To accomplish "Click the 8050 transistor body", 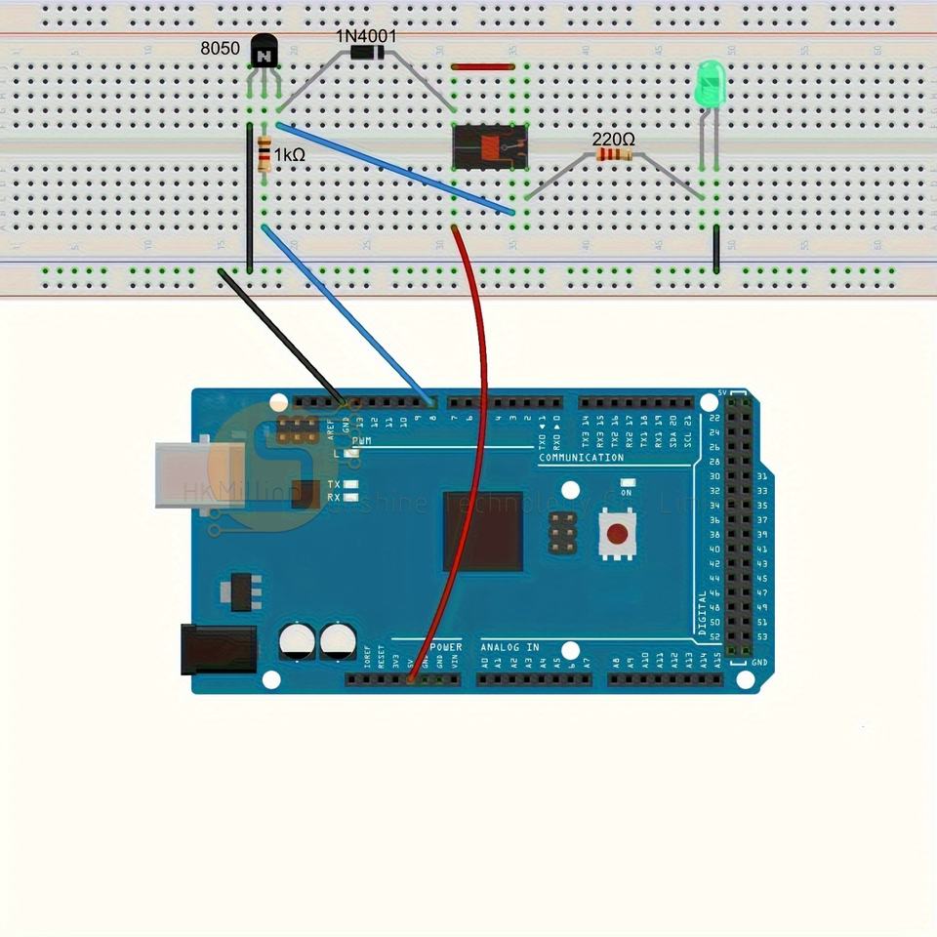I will click(x=263, y=51).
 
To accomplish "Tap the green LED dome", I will click(x=710, y=84).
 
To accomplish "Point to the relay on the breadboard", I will click(x=490, y=145).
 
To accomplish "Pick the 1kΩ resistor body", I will click(x=264, y=155).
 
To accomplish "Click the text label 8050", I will click(x=220, y=48).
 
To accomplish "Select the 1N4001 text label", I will click(x=366, y=36).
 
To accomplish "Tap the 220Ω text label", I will click(x=613, y=141).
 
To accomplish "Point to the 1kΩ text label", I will click(x=290, y=155).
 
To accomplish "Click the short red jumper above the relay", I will click(x=483, y=67).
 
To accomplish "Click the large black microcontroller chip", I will click(x=482, y=531).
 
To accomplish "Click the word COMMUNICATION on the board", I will click(x=581, y=458).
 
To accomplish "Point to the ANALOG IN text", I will click(x=509, y=647).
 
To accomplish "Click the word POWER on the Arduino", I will click(x=446, y=647).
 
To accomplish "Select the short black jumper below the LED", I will click(x=716, y=250).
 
